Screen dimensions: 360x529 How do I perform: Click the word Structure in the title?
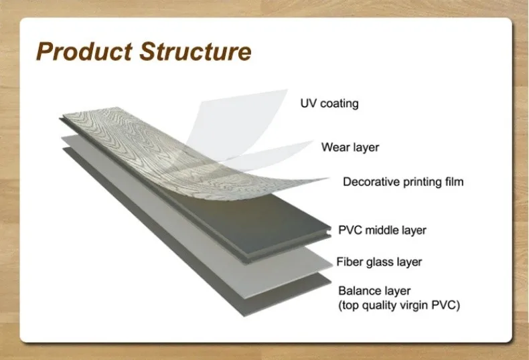pos(197,52)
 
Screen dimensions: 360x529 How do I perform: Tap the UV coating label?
pos(329,104)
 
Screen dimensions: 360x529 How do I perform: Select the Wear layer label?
pos(350,147)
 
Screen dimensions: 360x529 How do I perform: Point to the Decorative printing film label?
pos(403,181)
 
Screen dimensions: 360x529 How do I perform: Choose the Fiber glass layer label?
pos(379,262)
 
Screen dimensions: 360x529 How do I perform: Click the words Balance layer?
pos(374,291)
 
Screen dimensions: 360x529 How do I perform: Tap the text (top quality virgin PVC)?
pos(400,306)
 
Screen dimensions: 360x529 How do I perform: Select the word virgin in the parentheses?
pos(416,306)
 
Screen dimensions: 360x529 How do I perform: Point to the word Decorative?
pos(370,181)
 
